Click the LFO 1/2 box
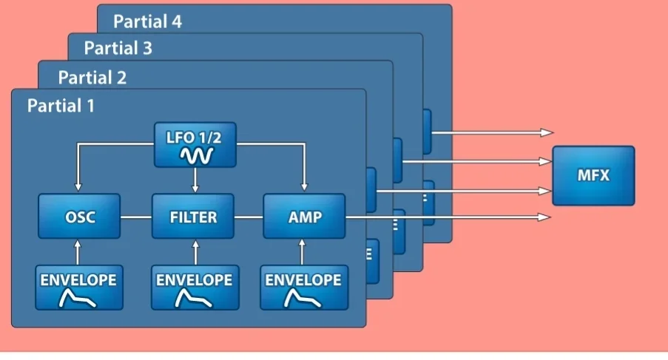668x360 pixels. pos(195,144)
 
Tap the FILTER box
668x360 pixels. pos(193,217)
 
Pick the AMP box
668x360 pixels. pos(304,217)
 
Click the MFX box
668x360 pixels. pos(593,176)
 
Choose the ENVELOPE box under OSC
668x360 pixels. pos(78,287)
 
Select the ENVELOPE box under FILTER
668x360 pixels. pos(193,287)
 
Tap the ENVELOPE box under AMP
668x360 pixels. pos(304,287)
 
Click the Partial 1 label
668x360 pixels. pos(61,106)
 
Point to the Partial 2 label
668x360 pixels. pos(92,78)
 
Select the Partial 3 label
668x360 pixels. pos(118,49)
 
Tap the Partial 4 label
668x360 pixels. pos(147,21)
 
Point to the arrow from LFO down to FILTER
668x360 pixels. pos(195,180)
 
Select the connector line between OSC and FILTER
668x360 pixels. pos(135,217)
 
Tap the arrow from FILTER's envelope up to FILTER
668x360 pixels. pos(195,251)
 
